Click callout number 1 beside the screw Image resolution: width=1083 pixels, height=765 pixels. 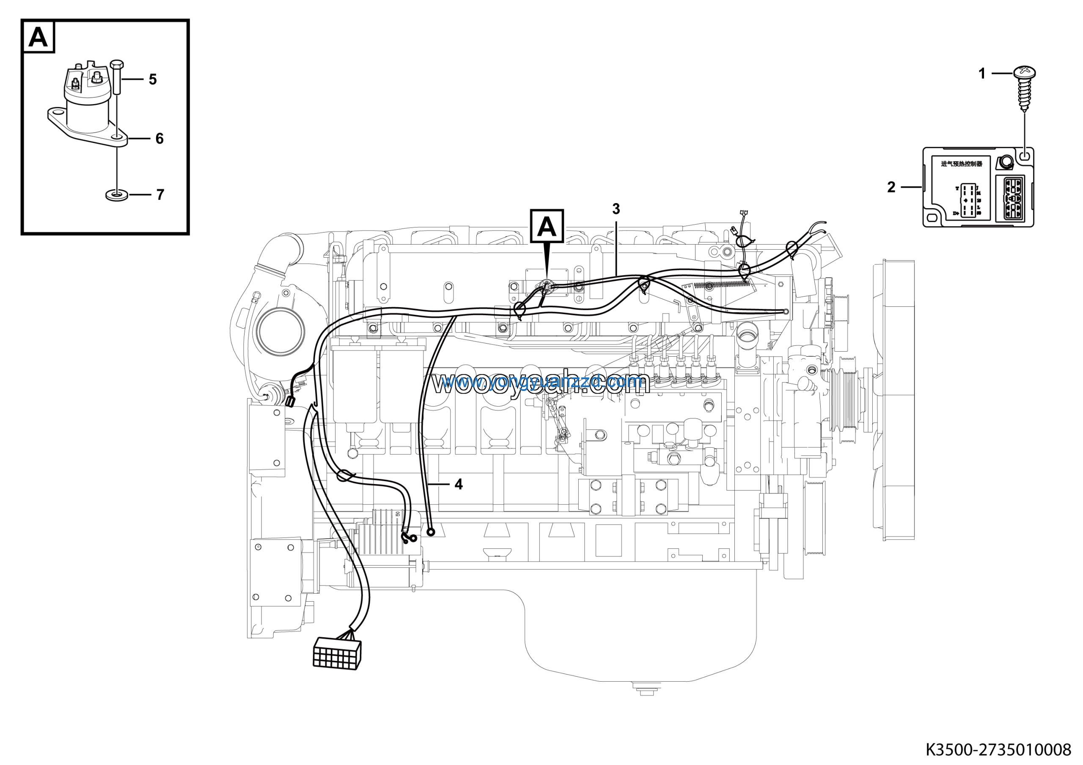982,74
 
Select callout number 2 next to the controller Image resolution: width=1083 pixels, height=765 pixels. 891,187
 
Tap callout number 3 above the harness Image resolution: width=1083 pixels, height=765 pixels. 616,209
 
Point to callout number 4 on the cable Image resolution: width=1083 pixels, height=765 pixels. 459,484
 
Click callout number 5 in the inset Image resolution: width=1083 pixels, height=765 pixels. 152,79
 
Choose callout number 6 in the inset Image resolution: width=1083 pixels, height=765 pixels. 159,139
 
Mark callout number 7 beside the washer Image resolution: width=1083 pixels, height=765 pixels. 160,194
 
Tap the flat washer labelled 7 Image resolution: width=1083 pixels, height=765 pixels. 116,194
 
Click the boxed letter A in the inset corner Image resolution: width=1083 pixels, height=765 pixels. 38,37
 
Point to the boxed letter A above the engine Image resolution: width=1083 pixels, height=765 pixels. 547,226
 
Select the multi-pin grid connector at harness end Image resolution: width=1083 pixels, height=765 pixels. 337,653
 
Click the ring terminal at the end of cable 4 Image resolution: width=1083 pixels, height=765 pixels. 430,532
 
